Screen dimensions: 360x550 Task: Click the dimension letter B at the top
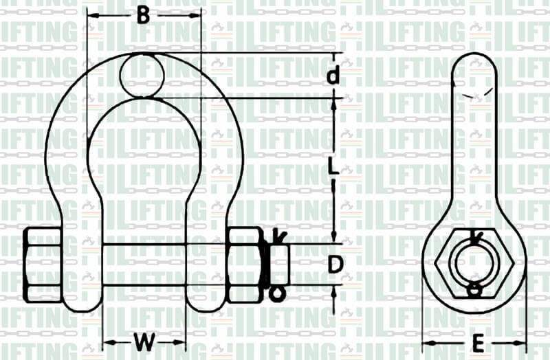coord(142,15)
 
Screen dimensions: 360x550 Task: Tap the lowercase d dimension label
coord(333,75)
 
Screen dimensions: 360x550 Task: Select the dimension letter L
coord(333,167)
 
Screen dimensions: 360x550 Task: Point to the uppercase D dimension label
coord(334,265)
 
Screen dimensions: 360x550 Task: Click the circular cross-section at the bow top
coord(142,75)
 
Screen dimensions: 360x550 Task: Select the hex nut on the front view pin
coord(244,265)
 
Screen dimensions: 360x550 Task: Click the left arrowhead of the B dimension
coord(91,15)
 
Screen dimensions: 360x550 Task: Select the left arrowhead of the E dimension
coord(426,341)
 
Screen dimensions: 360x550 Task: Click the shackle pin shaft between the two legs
coord(165,265)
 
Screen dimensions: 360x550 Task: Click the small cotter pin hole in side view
coord(473,291)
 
